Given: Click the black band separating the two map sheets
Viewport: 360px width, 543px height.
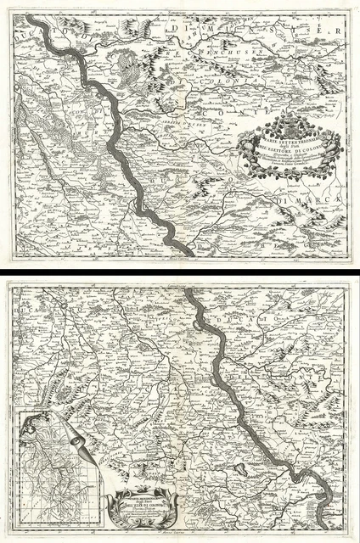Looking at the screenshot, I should (x=180, y=272).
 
